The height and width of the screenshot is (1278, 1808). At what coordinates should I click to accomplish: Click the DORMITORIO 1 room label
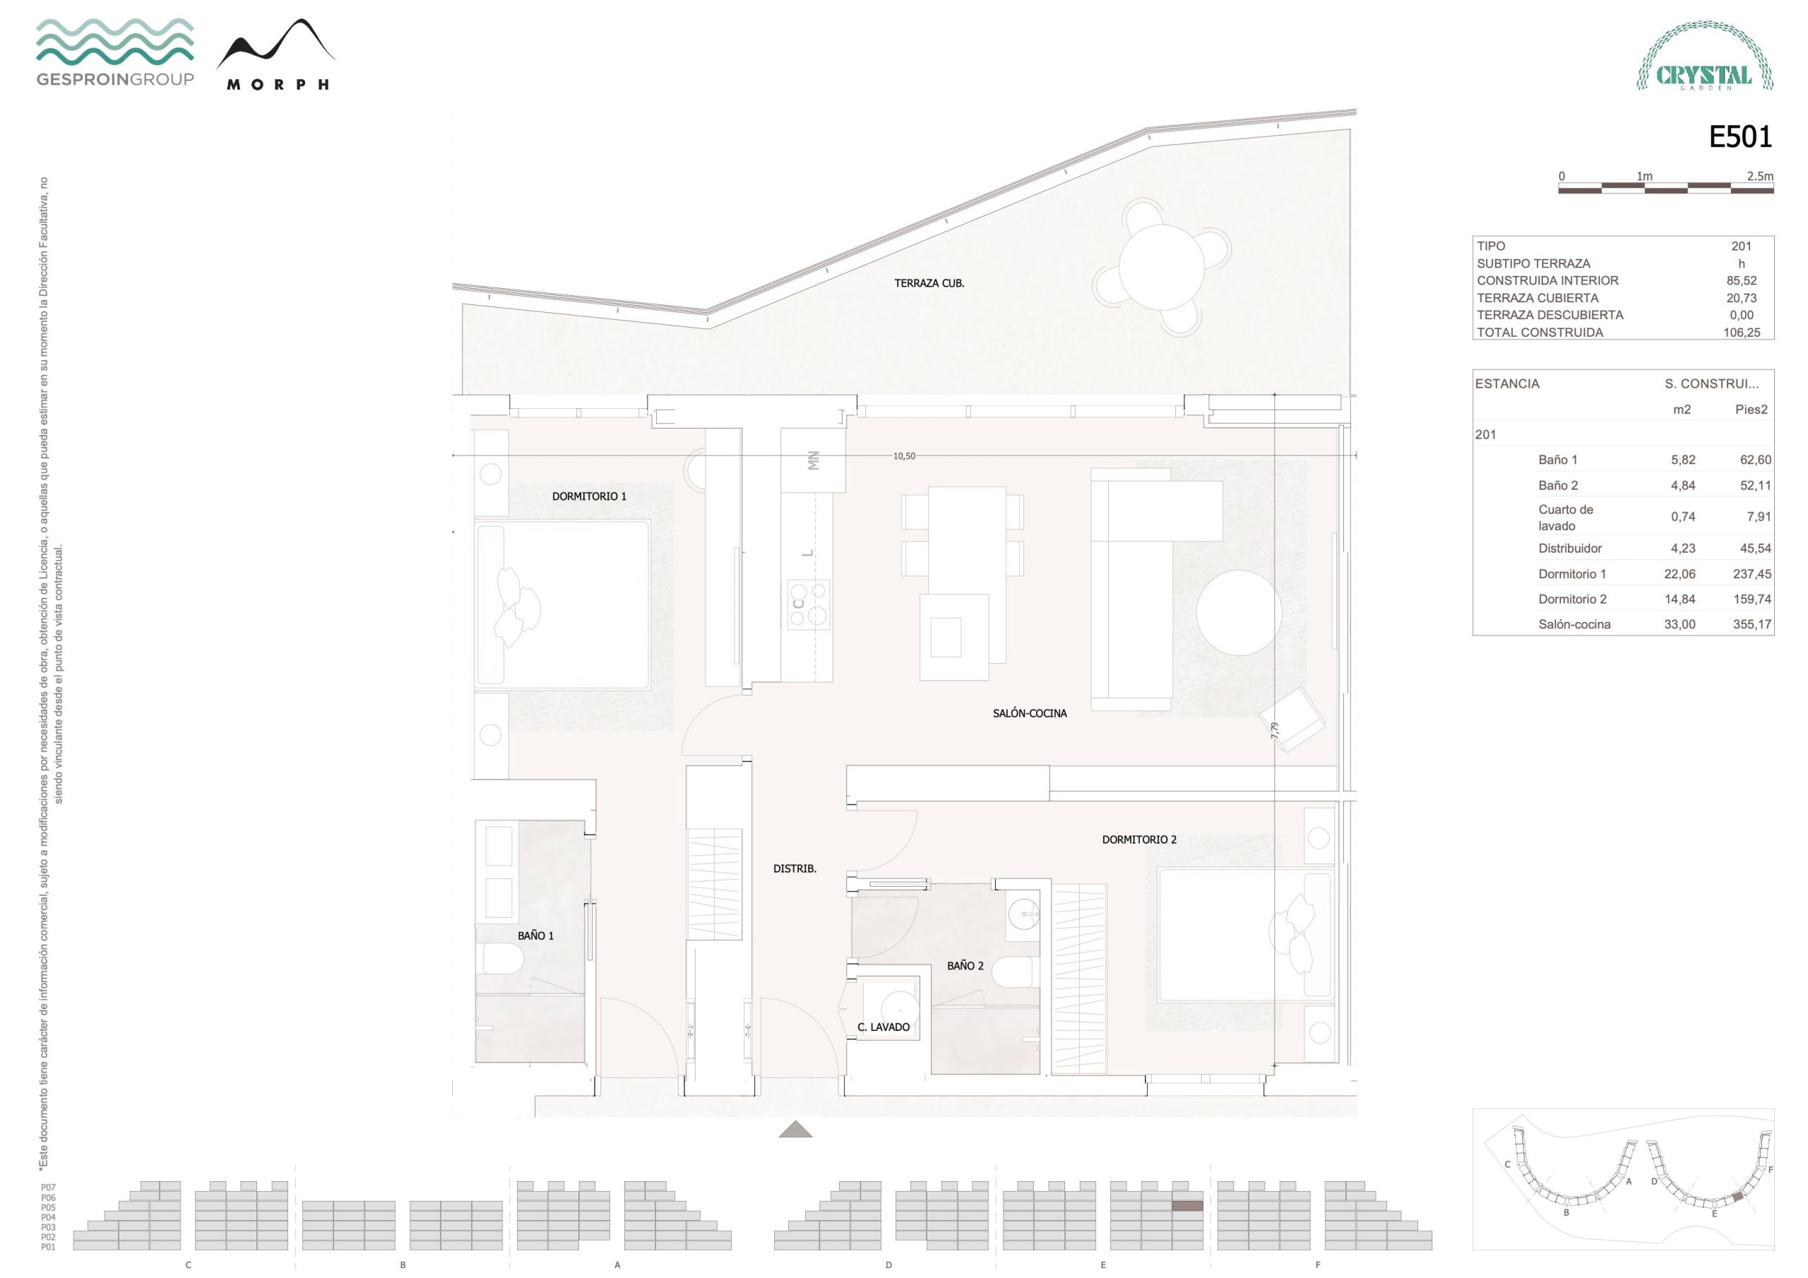589,496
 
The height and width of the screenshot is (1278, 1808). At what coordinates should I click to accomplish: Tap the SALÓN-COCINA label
1029,713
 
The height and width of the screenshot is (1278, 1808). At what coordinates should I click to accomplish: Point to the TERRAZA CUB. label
929,283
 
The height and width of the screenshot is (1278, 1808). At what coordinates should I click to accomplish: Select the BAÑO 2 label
965,965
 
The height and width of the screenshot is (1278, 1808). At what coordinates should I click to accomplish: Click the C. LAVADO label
884,1027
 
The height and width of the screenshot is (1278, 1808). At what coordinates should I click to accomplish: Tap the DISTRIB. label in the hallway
795,868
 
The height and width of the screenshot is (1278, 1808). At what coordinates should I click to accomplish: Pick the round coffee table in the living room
1239,613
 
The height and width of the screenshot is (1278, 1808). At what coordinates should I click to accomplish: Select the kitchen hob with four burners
809,604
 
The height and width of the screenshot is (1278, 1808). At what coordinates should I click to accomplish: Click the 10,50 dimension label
904,456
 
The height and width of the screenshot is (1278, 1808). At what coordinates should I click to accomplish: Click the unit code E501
1740,138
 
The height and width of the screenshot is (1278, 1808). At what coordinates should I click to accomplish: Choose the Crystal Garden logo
1705,56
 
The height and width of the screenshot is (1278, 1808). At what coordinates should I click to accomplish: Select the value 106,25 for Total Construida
1741,333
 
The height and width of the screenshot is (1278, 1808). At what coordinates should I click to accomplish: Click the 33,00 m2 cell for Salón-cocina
1679,624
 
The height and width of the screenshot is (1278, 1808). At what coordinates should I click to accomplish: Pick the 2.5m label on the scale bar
1760,177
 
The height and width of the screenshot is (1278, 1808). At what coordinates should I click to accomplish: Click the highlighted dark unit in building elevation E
1186,1205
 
